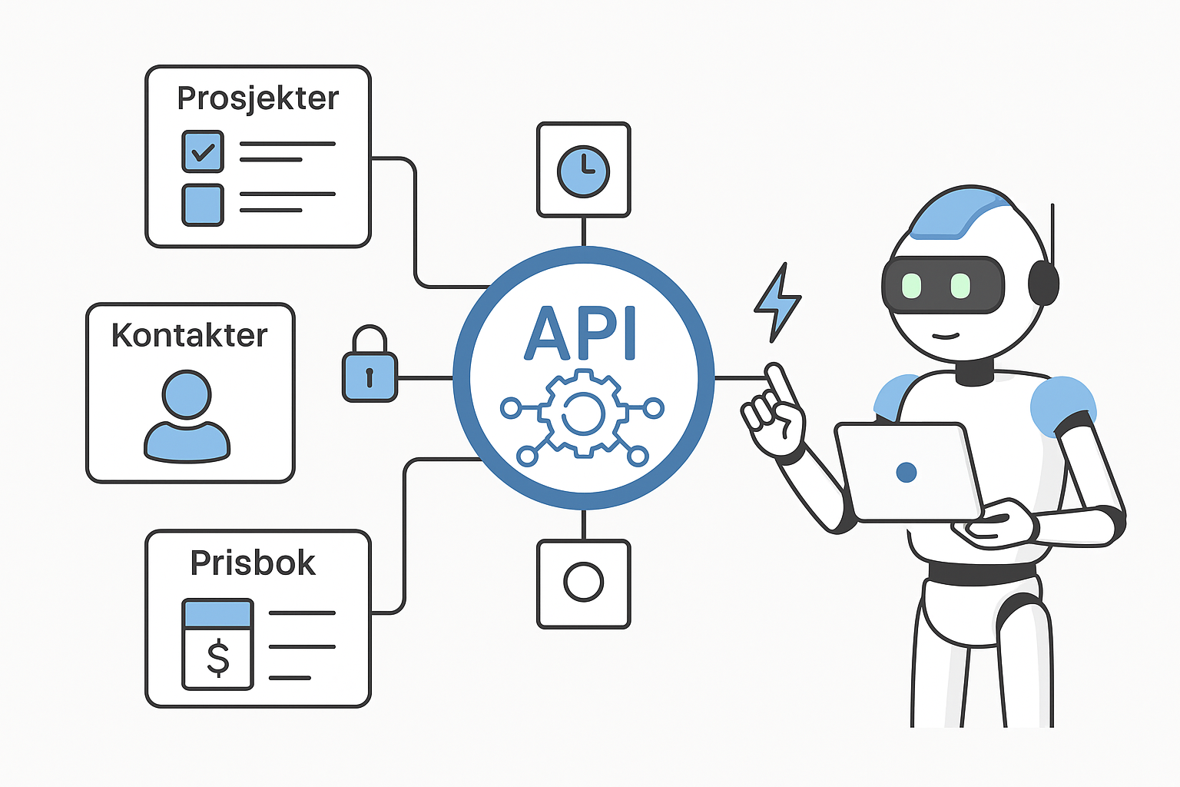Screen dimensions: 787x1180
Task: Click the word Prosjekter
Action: pos(257,98)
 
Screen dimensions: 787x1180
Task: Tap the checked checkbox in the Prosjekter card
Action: pos(203,151)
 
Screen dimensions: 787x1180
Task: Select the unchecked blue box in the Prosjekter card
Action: pos(203,204)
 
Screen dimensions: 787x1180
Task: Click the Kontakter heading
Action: pos(189,336)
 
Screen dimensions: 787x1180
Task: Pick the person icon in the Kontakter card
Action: pos(187,416)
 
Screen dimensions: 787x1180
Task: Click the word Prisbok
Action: pos(253,563)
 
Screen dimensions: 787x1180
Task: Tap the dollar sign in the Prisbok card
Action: pos(218,658)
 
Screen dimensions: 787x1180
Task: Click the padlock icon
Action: pos(370,367)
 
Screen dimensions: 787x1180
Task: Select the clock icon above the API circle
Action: pos(583,171)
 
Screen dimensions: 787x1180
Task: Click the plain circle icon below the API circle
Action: pos(583,582)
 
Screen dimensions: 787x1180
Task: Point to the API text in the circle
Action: pos(581,335)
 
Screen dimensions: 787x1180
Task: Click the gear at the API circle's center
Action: pos(582,413)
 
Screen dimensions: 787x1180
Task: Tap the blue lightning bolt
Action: pos(777,303)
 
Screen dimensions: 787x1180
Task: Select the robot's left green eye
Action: pos(911,285)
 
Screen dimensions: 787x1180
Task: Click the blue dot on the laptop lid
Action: pos(907,472)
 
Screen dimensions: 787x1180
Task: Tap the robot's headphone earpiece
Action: pos(1043,283)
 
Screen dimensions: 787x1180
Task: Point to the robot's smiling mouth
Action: pos(946,335)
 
